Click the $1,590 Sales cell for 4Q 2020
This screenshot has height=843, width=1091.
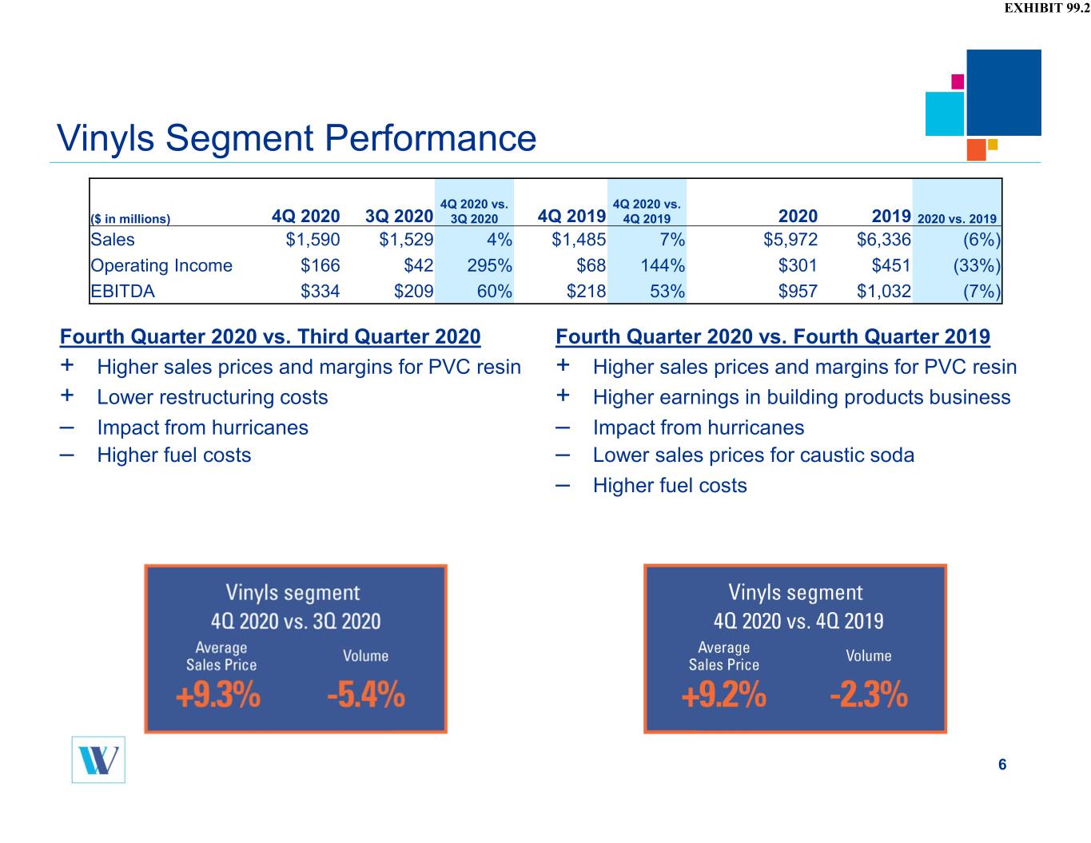tap(313, 240)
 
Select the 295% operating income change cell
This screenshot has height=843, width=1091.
tap(489, 265)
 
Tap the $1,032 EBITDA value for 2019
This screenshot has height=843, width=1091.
tap(884, 291)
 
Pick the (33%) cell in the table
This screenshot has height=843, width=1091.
tap(977, 265)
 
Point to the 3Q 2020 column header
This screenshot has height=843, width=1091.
tap(399, 217)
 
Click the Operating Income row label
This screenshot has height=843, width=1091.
tap(161, 265)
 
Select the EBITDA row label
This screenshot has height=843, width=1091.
tap(122, 291)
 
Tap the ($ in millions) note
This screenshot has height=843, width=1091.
tap(130, 219)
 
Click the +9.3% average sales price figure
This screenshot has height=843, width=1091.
tap(218, 695)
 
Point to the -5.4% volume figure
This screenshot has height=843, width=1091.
tap(366, 695)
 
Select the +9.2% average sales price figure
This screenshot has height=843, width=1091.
tap(724, 695)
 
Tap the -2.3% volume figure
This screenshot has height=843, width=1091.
tap(869, 695)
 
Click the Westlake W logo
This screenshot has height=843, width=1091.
tap(98, 760)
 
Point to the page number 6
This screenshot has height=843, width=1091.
tap(1002, 764)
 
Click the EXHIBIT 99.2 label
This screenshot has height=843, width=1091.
tap(1046, 8)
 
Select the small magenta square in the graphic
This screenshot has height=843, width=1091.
tap(958, 82)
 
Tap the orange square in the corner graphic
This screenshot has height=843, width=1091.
tap(976, 149)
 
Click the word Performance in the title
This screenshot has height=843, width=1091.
tap(431, 137)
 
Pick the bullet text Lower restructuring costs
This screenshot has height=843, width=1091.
tap(213, 397)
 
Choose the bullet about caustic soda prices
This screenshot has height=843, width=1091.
tap(754, 455)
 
